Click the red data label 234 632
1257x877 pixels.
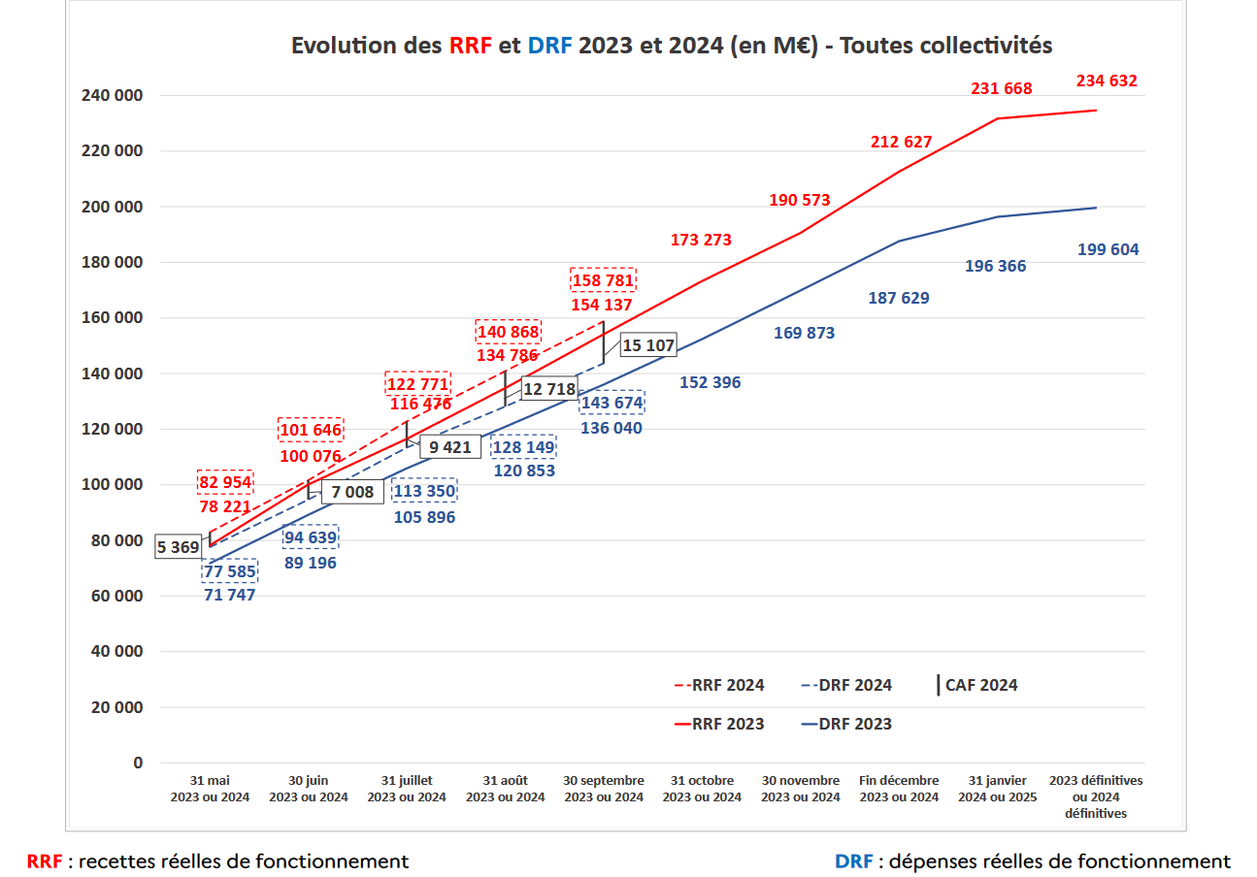pyautogui.click(x=1107, y=81)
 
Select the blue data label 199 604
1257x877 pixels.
pyautogui.click(x=1108, y=250)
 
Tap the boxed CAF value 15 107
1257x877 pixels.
pyautogui.click(x=647, y=345)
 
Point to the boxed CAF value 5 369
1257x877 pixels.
pyautogui.click(x=179, y=547)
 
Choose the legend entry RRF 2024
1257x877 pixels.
pyautogui.click(x=719, y=685)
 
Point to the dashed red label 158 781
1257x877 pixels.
pyautogui.click(x=602, y=281)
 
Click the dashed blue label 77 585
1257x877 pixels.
pyautogui.click(x=230, y=572)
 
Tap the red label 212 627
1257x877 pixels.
pyautogui.click(x=901, y=142)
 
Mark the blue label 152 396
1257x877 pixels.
pyautogui.click(x=710, y=382)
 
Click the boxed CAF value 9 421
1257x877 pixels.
pyautogui.click(x=450, y=447)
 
